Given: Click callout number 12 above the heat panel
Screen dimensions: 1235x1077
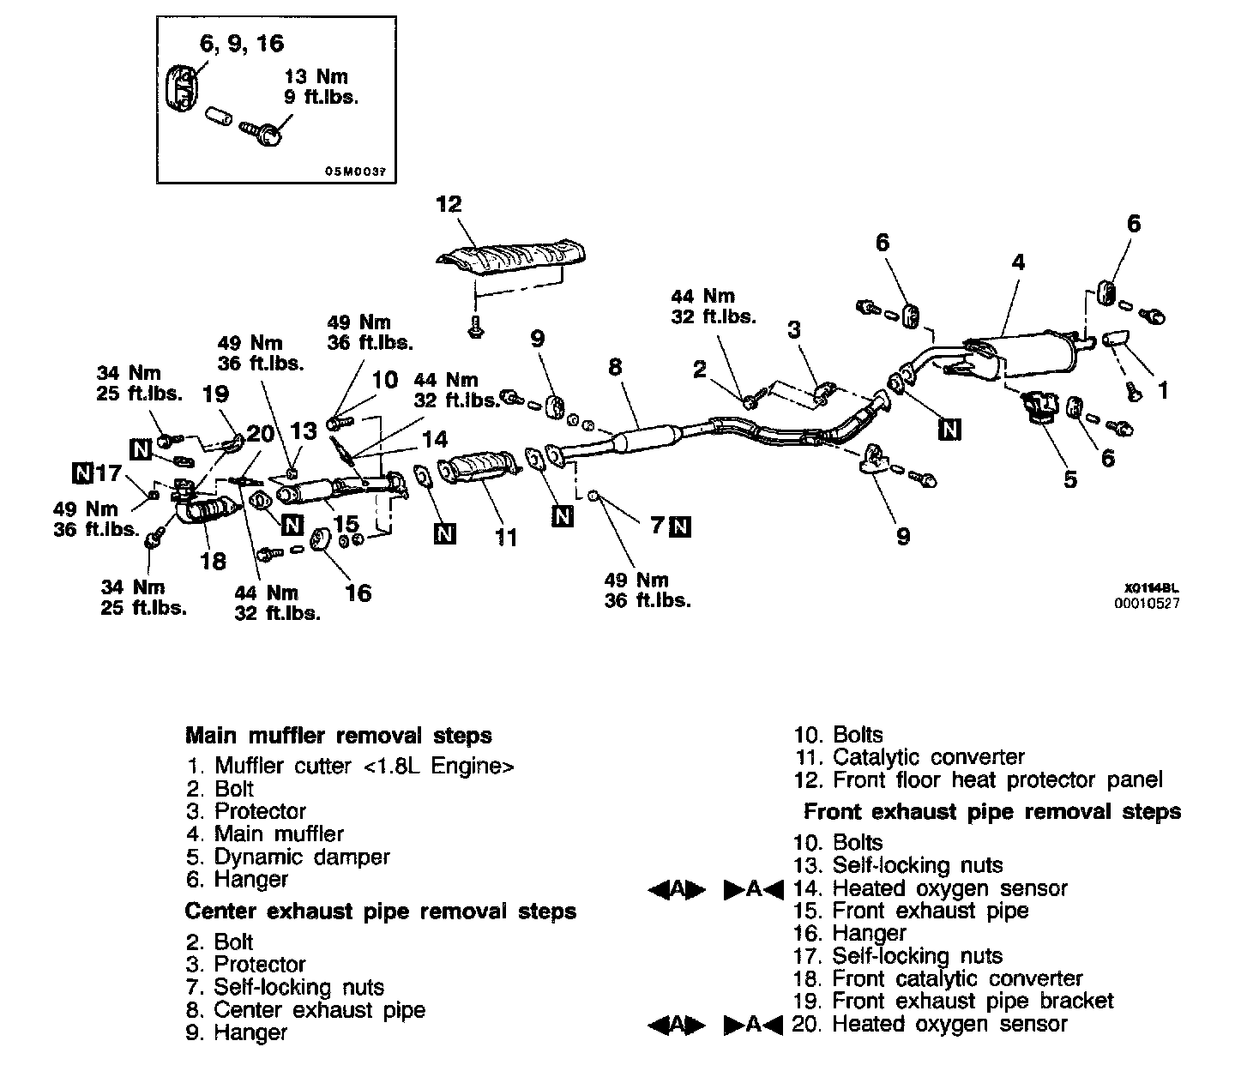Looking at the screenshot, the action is coord(449,204).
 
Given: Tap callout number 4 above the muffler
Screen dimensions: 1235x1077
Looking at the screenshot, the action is coord(1018,262).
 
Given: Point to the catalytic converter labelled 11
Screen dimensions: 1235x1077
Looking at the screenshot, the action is coord(479,473).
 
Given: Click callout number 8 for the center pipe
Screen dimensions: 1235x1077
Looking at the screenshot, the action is coord(614,368).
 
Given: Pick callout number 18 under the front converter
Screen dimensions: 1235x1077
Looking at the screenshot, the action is coord(212,561).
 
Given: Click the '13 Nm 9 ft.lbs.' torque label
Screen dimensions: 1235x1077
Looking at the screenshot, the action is coord(321,87).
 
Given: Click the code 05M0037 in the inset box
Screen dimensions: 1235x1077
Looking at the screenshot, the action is coord(355,171).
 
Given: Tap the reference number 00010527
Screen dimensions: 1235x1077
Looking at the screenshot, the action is coord(1147,603).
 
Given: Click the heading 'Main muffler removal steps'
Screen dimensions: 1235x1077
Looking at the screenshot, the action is coord(339,736).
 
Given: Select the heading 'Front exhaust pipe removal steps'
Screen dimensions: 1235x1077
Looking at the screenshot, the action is coord(992,811).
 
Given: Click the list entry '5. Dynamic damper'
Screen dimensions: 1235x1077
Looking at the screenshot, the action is coord(288,857).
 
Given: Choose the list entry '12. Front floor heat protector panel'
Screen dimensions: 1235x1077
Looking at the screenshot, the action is coord(978,780).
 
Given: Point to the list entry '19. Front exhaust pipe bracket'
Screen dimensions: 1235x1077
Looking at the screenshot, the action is coord(953,1001).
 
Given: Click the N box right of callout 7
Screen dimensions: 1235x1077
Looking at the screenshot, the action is coord(681,526).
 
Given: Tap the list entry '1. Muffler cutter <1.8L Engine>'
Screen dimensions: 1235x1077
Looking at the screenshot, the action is coord(350,766).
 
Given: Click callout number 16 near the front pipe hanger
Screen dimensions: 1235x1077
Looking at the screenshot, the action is coord(358,593).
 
